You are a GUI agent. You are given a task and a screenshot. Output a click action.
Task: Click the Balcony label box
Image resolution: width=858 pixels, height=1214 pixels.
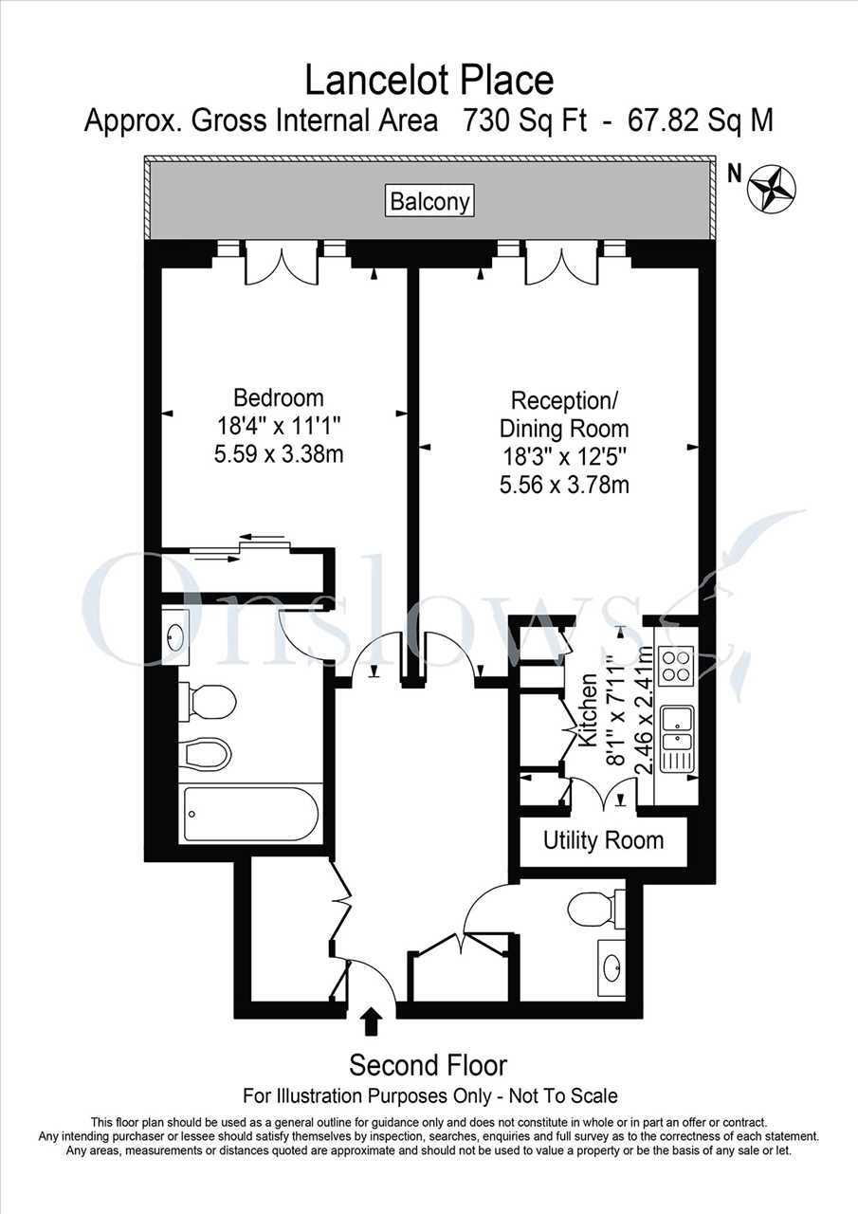coord(430,202)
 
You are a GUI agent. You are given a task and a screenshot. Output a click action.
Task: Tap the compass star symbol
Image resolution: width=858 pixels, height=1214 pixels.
coord(772,188)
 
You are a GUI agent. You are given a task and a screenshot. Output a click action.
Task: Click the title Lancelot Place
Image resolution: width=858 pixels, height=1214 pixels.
coord(429,81)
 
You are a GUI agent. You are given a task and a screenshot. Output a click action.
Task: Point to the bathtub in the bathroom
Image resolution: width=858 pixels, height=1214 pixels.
coord(251,813)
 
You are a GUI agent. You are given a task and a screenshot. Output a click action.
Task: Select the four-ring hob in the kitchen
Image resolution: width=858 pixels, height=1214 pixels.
coord(675,665)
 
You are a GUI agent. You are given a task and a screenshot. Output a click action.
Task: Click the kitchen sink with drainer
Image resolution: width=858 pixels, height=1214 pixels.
coord(675,739)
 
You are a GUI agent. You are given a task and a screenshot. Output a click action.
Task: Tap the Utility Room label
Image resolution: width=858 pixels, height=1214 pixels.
coord(603,840)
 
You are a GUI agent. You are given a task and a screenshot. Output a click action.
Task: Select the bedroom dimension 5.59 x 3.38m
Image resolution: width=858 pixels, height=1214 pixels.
coord(279,453)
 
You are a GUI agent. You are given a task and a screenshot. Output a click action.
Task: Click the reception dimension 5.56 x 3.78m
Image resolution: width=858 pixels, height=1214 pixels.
coord(564,484)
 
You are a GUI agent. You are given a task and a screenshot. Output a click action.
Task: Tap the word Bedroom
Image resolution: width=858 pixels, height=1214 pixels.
coord(279,397)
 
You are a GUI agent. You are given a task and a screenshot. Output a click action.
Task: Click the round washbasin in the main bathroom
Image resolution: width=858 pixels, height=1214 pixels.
coord(175,637)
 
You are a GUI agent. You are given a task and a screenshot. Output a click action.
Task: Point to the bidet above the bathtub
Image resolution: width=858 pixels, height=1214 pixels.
coord(206,754)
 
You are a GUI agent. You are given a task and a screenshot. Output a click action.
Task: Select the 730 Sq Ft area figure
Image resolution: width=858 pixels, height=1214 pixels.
coord(523,120)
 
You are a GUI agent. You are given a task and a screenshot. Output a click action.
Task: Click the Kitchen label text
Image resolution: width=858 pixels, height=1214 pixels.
coord(588,710)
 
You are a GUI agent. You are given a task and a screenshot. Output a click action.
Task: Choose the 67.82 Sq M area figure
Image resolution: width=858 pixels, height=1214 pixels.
coord(701,120)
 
